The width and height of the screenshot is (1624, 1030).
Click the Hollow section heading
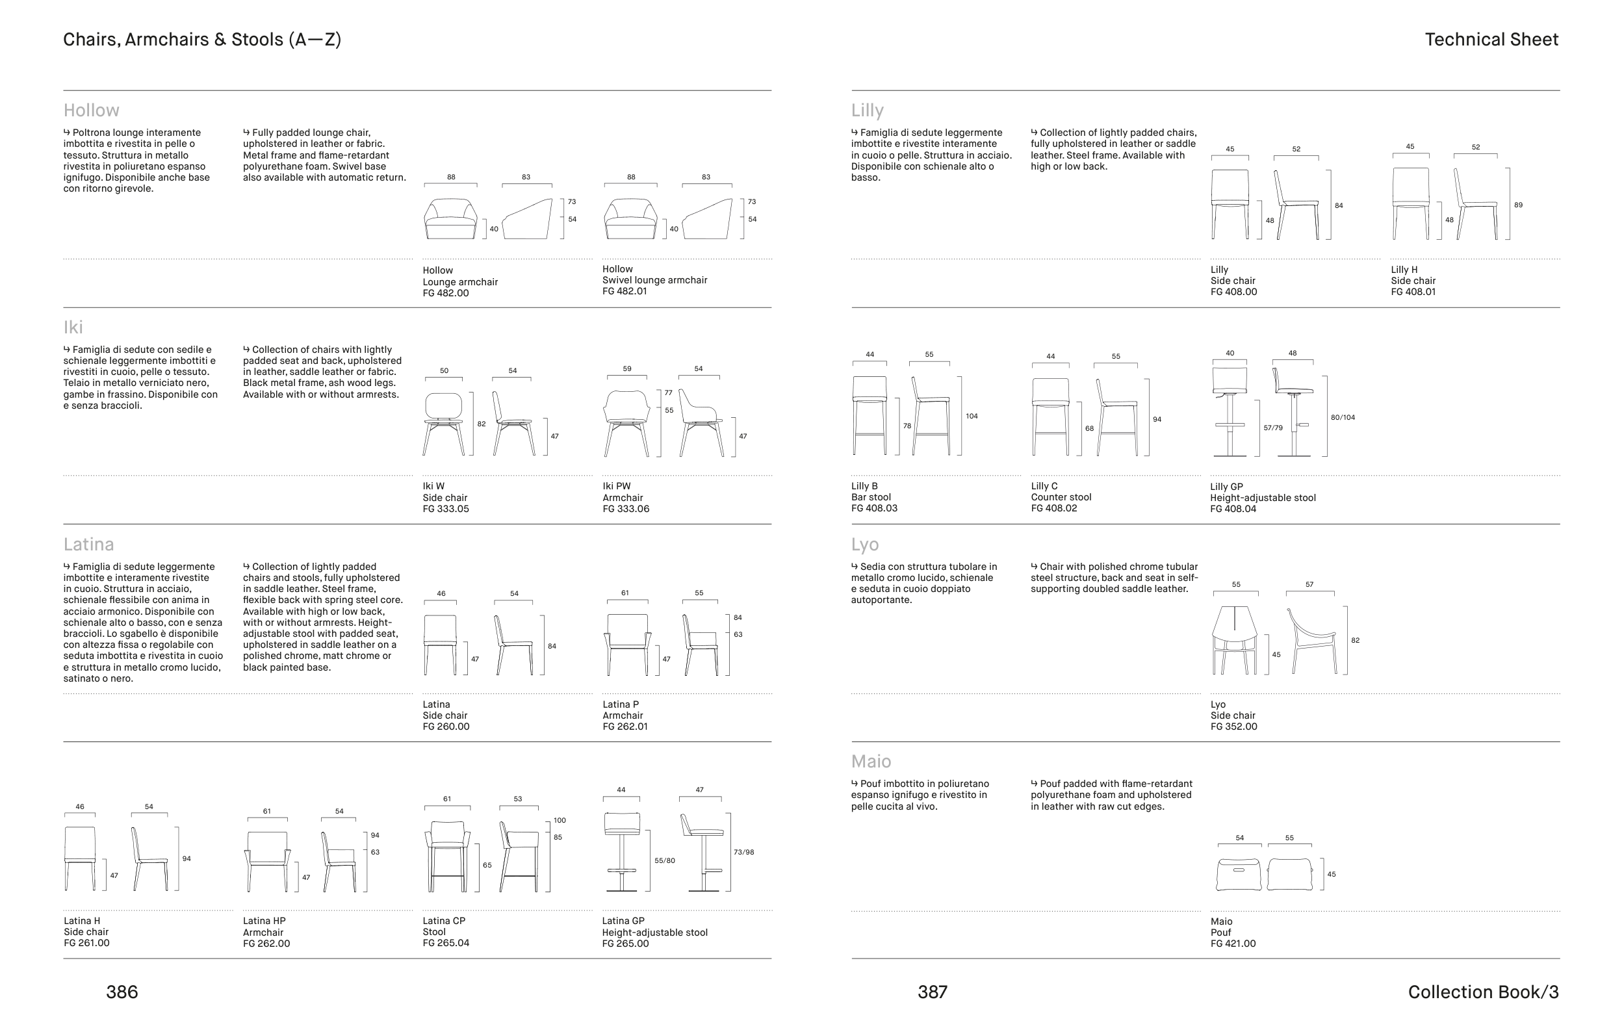pos(91,110)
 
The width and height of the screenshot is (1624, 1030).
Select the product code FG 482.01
pos(625,291)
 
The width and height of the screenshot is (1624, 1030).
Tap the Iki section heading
pos(73,327)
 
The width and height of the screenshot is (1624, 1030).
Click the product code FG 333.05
pos(445,509)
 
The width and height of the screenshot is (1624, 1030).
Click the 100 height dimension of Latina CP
pos(560,820)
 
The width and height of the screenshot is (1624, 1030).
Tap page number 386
pos(122,992)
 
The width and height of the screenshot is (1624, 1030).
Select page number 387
pos(933,992)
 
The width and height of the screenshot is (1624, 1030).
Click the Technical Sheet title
pos(1491,40)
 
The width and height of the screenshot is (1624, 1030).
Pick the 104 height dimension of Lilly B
pos(972,416)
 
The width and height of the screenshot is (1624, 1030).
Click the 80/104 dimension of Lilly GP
pos(1343,418)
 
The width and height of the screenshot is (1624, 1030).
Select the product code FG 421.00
pos(1233,944)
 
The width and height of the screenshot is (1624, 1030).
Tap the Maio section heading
pos(871,761)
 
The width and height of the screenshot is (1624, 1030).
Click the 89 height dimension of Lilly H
pos(1518,205)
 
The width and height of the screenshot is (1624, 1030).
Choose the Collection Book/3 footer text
pos(1483,992)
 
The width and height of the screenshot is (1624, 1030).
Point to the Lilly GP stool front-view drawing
pos(1230,411)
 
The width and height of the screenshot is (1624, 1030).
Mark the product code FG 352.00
pos(1233,727)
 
